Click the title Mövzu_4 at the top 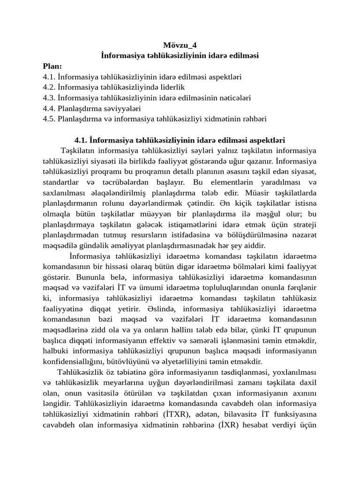tap(180, 45)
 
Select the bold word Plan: tap(52, 66)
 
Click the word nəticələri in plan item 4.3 tap(234, 98)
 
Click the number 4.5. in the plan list tap(49, 119)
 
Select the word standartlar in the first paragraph tap(62, 182)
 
